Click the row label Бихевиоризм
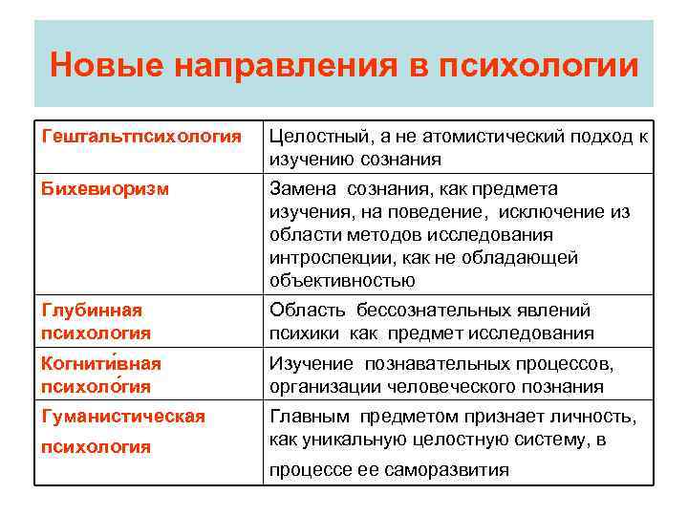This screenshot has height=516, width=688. (105, 188)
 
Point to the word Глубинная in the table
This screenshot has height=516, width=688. (92, 310)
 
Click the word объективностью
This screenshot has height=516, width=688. (342, 280)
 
